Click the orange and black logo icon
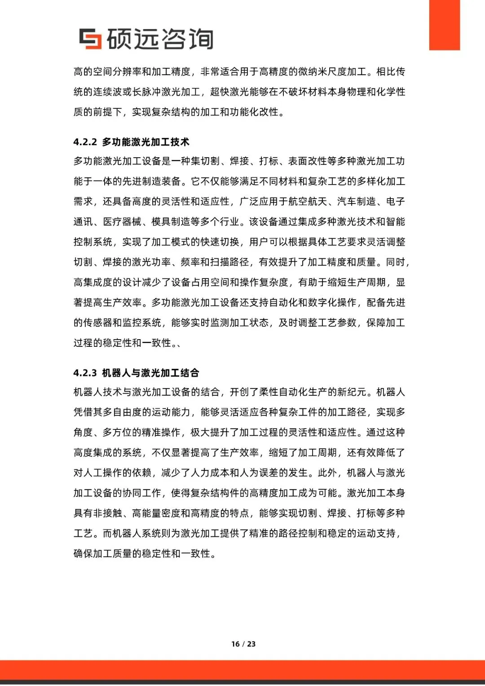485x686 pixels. tap(90, 39)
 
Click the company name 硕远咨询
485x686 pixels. tap(159, 39)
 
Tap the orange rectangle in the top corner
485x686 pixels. tap(444, 25)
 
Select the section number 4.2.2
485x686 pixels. tap(85, 142)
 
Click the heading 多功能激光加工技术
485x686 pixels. tap(145, 142)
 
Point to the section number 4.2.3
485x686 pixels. tap(85, 373)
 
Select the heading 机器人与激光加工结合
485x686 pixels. tap(150, 373)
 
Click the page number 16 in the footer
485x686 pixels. tap(235, 644)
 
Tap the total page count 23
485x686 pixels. tap(251, 644)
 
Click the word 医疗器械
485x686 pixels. tap(122, 222)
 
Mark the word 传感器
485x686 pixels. tap(98, 323)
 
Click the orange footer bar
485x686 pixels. tap(242, 669)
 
